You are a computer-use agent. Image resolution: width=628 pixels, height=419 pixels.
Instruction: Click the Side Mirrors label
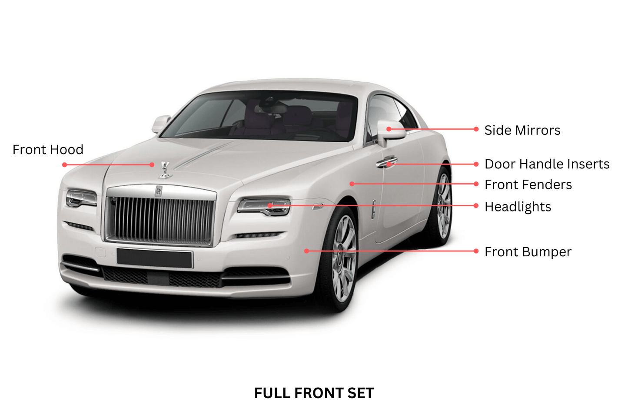[522, 130]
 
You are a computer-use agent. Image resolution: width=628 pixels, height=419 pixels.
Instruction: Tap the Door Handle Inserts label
[547, 164]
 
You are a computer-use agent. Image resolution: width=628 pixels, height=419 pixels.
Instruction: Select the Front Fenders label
[528, 184]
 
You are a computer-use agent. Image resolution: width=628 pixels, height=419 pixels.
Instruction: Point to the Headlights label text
[518, 207]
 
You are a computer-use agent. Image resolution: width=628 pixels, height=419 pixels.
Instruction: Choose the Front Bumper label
[528, 252]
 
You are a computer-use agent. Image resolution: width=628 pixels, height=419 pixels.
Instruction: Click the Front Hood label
[48, 150]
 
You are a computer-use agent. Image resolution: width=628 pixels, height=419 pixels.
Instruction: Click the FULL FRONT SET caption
[314, 393]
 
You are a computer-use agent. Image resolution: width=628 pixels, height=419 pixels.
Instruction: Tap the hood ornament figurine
[166, 170]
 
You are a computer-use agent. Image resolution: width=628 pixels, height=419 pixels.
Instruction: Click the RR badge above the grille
[158, 191]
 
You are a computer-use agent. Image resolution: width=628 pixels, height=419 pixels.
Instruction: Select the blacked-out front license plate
[155, 258]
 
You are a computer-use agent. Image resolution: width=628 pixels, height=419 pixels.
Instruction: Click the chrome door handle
[386, 162]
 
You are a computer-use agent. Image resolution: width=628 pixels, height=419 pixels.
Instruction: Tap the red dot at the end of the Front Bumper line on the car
[307, 251]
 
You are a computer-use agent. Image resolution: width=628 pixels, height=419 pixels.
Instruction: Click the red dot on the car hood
[152, 165]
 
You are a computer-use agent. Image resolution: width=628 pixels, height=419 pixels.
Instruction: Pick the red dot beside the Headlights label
[476, 206]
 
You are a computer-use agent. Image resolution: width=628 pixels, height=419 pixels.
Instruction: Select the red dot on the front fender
[352, 184]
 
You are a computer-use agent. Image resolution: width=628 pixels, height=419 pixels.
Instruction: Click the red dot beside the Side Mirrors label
[476, 129]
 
